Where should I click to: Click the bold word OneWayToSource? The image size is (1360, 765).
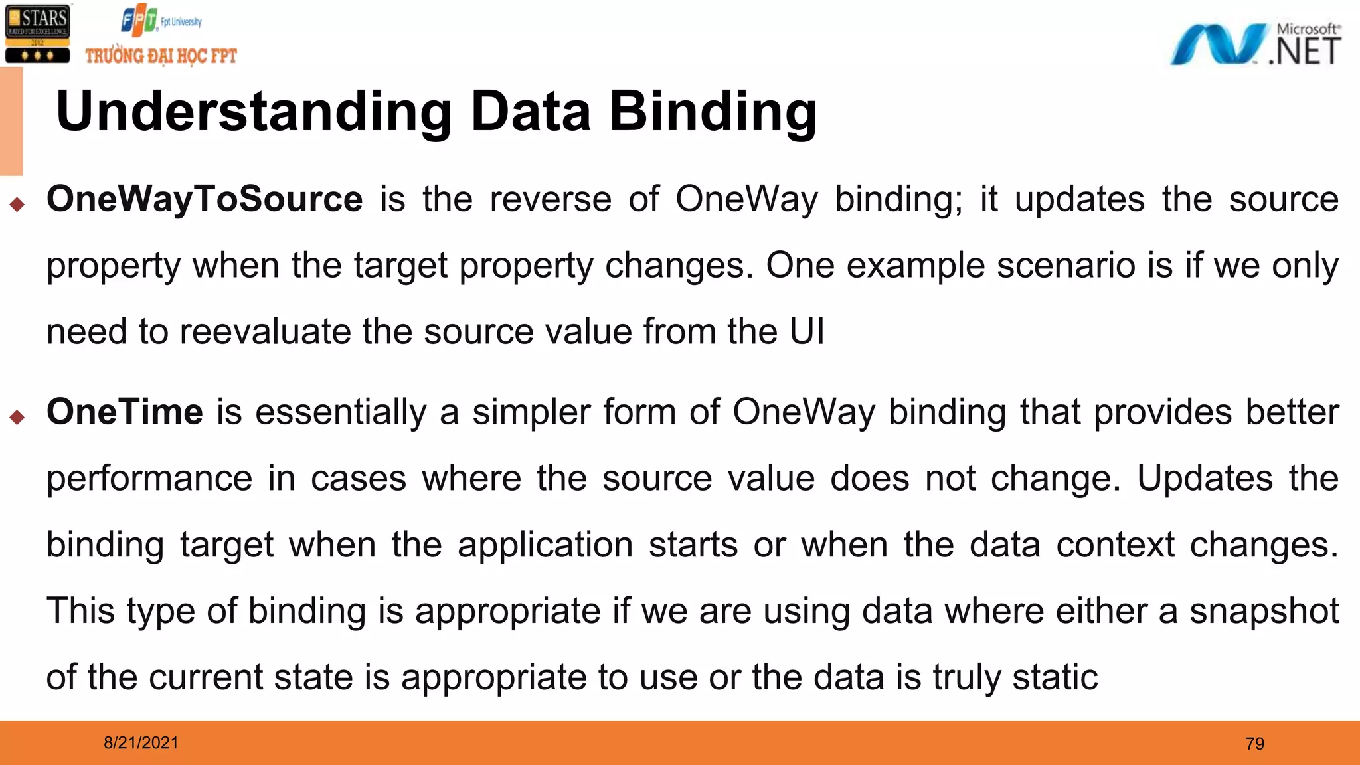[205, 199]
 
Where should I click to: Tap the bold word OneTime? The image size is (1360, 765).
[125, 412]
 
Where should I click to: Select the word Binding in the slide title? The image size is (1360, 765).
[713, 112]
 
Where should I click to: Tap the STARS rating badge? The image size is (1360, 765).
[37, 33]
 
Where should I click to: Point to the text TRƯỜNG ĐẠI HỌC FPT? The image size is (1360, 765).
[161, 56]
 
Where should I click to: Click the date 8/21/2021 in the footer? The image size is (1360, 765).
[141, 743]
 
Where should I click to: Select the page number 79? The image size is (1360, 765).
[1254, 744]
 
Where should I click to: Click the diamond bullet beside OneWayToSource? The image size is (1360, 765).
[17, 204]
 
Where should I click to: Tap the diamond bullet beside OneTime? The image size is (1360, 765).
[17, 417]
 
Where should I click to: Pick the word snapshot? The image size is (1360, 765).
[1264, 611]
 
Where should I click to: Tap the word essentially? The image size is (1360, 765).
[341, 412]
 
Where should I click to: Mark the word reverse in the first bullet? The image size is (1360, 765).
[551, 199]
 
